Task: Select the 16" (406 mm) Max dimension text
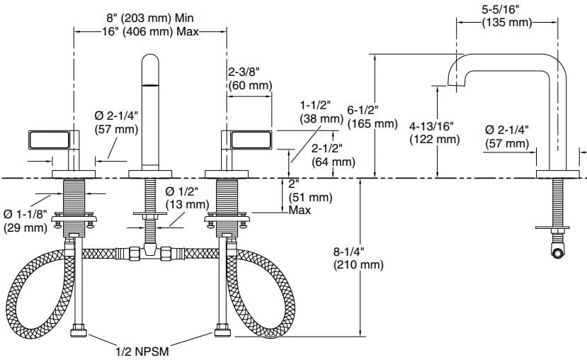pyautogui.click(x=149, y=32)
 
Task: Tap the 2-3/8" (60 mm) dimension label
pyautogui.click(x=249, y=79)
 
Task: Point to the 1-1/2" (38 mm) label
pyautogui.click(x=321, y=111)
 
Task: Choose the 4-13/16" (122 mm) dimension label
pyautogui.click(x=434, y=133)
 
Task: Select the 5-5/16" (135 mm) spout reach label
pyautogui.click(x=506, y=16)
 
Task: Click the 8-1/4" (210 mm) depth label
pyautogui.click(x=358, y=258)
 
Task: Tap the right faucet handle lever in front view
pyautogui.click(x=249, y=140)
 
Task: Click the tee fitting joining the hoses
pyautogui.click(x=149, y=249)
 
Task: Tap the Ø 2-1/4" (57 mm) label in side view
pyautogui.click(x=507, y=137)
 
